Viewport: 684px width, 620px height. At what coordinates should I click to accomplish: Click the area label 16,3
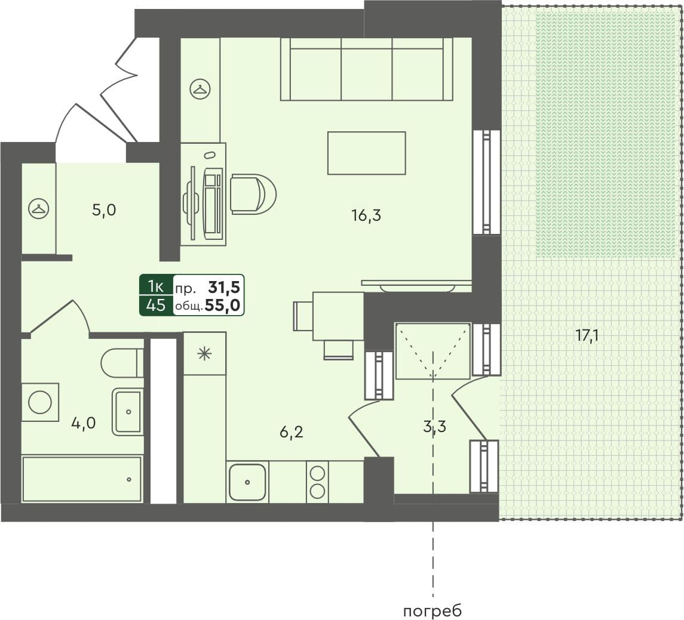366,215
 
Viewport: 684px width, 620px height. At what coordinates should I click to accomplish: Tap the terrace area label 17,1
587,335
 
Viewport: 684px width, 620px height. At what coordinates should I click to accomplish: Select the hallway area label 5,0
103,210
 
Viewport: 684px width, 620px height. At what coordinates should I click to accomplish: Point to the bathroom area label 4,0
83,423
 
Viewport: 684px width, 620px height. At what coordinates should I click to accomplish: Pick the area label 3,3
434,426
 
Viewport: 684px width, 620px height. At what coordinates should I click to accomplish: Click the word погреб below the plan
433,611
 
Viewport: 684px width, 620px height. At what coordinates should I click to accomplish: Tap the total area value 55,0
222,306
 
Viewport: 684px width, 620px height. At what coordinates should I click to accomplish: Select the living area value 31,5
223,288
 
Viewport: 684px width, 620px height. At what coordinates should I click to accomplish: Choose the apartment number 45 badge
156,306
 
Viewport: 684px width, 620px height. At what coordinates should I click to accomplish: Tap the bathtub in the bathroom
82,479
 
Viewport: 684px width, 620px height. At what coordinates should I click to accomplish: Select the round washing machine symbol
40,402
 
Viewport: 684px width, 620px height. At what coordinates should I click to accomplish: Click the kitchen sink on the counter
247,482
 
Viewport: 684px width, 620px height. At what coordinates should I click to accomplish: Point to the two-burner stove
317,482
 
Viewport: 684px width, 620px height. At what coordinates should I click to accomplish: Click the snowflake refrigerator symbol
204,354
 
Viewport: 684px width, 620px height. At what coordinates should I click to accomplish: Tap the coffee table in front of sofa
366,153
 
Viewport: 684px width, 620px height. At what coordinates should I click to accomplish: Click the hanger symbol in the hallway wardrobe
38,209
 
